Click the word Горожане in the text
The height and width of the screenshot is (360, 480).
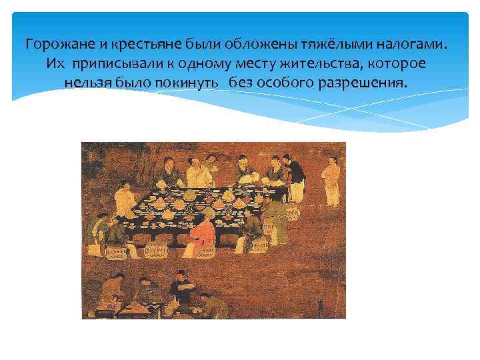click(52, 45)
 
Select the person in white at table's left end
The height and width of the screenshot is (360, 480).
click(123, 200)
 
